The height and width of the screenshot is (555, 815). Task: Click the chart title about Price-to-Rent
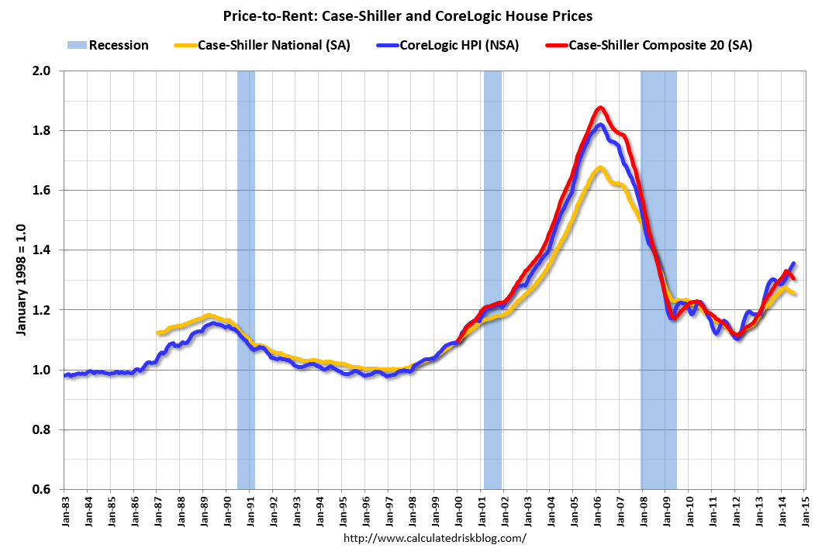point(406,16)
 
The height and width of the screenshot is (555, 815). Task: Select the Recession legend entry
point(119,45)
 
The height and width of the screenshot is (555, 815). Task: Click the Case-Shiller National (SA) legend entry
point(274,45)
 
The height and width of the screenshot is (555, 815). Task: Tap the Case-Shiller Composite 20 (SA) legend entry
point(660,45)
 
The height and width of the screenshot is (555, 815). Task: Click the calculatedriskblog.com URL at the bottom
point(434,538)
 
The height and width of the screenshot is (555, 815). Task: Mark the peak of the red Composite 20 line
point(600,108)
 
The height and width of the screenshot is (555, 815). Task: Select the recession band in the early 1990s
point(246,279)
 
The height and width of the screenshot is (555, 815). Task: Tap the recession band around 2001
point(492,279)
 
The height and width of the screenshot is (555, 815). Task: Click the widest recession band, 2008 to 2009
point(658,279)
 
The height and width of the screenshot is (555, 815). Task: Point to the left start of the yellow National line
point(158,333)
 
